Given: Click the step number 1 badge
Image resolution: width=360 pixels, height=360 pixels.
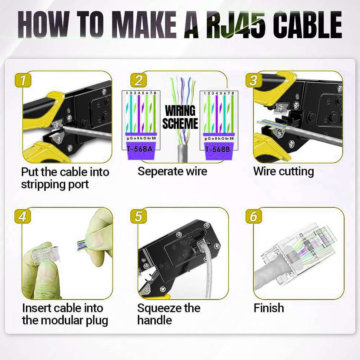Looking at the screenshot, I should (23, 80).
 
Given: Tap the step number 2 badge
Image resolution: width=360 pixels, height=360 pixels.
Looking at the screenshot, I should (139, 80).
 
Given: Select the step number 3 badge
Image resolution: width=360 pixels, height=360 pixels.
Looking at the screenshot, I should (254, 80).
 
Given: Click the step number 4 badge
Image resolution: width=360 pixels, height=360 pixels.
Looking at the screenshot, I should (23, 216).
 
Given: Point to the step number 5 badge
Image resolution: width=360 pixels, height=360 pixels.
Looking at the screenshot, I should (138, 216).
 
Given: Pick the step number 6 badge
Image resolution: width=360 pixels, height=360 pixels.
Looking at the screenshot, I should (254, 216).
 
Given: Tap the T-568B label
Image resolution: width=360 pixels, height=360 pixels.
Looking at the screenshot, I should (217, 149).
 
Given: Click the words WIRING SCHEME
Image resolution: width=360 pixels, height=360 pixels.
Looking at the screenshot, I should (180, 117).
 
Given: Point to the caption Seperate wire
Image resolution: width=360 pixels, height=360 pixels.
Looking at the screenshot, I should (172, 171).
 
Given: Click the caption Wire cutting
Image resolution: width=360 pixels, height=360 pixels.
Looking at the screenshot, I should (283, 171).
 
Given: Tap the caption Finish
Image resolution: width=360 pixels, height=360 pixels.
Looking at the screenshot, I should (269, 308).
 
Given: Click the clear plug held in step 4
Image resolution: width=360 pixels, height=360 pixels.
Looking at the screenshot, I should (45, 253).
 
